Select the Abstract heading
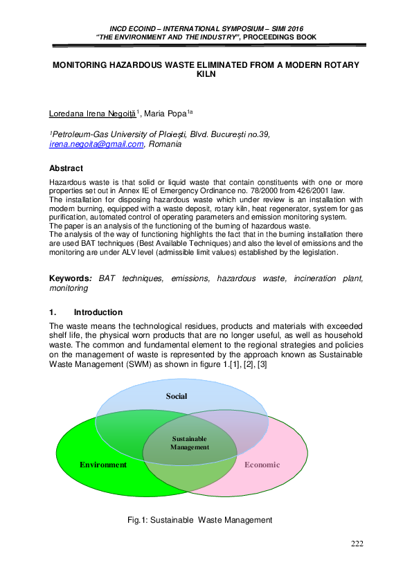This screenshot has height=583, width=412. coord(66,168)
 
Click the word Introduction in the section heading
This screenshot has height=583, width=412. coord(98,312)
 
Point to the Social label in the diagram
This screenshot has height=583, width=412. coord(177,396)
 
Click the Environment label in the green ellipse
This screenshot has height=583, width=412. coord(103,465)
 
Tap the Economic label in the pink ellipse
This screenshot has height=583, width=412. coord(262,465)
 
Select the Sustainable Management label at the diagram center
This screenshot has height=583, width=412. coord(189,442)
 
